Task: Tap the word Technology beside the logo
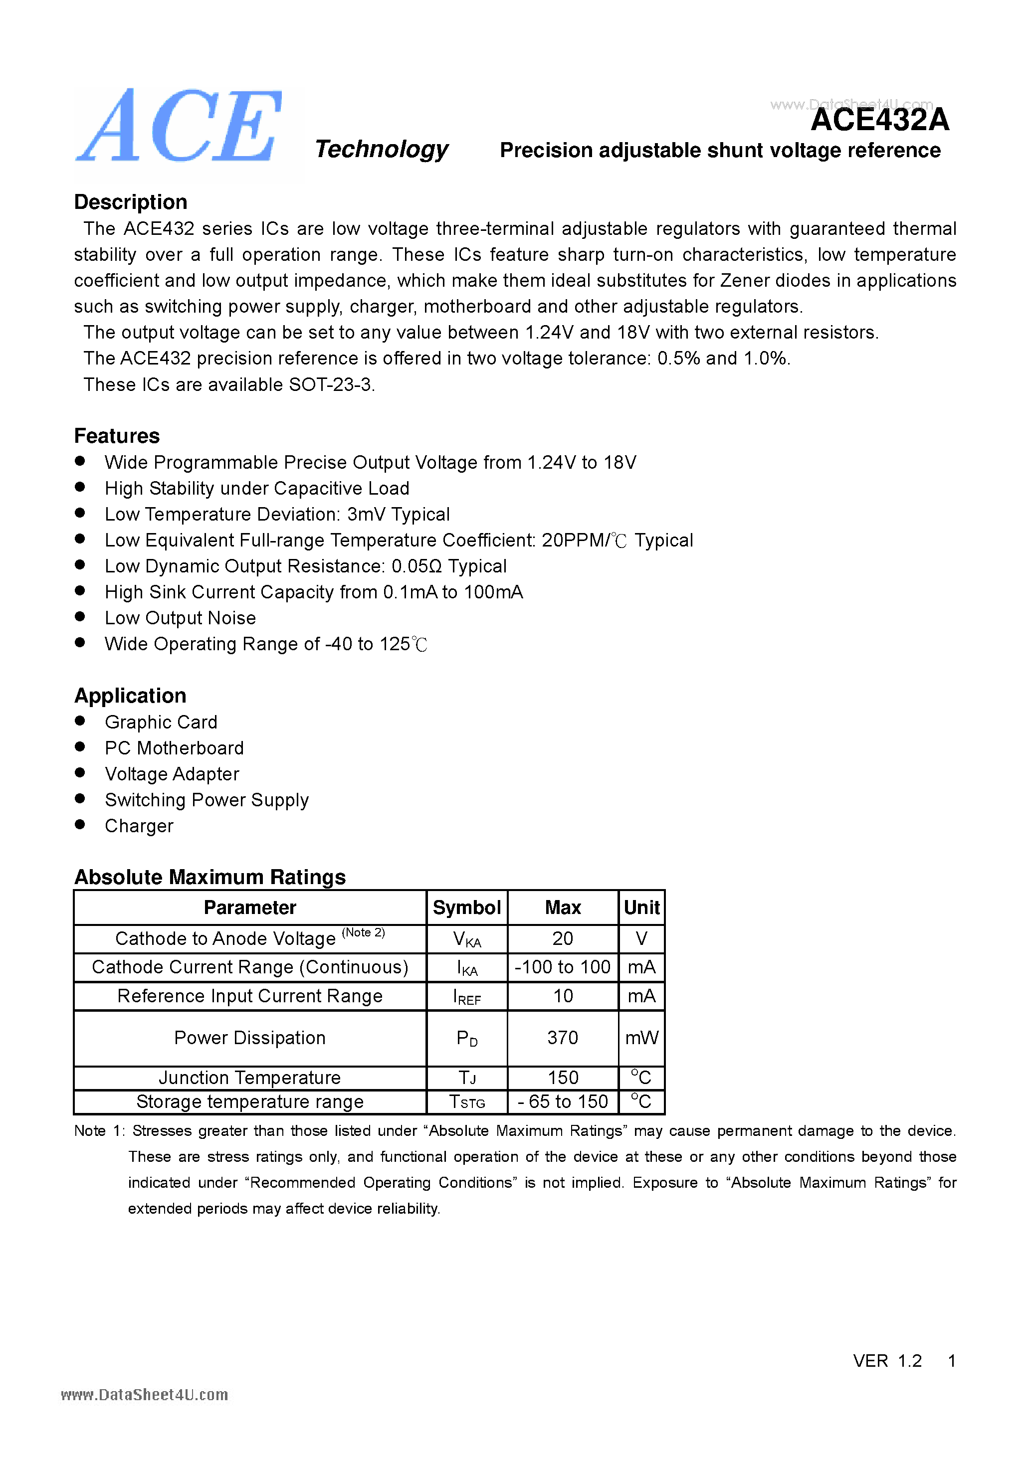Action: (x=381, y=149)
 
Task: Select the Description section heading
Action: (x=130, y=202)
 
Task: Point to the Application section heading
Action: (x=130, y=696)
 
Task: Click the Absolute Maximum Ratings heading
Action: (x=209, y=877)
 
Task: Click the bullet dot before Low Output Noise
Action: (x=80, y=617)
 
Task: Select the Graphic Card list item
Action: (x=161, y=722)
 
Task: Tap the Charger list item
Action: (x=139, y=826)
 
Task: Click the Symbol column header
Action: (x=467, y=908)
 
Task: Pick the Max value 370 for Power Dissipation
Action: (x=562, y=1038)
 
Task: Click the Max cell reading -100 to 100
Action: (x=562, y=967)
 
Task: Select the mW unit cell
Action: (x=641, y=1038)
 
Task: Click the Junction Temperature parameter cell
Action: (x=250, y=1078)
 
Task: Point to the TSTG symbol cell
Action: (x=467, y=1102)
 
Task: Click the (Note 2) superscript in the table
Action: (x=363, y=932)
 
